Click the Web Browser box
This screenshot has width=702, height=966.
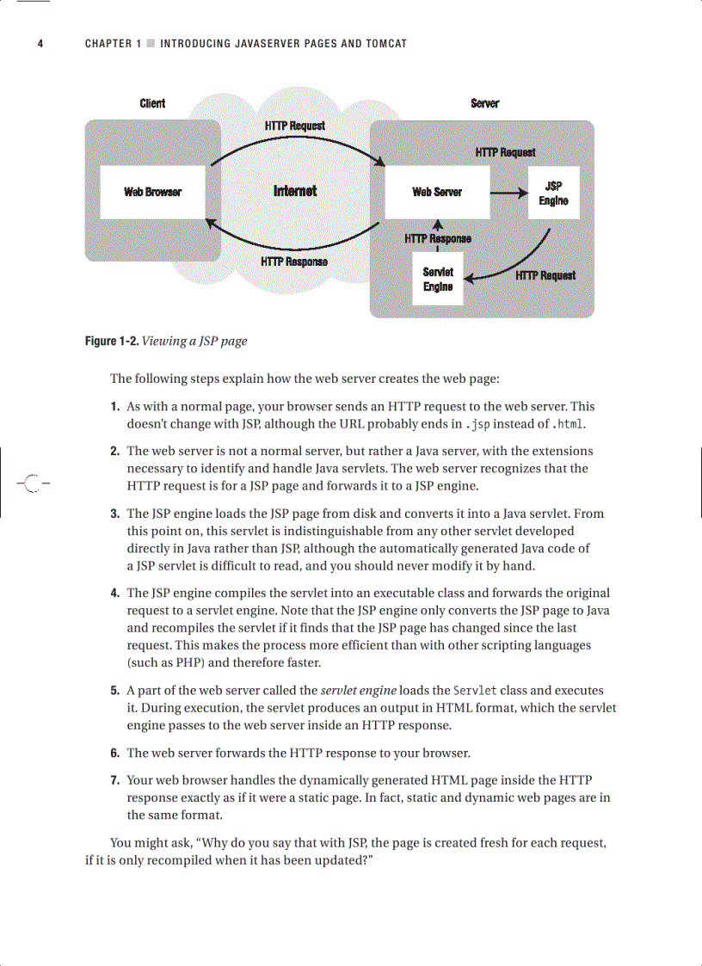tap(152, 192)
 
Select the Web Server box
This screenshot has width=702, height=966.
tap(437, 192)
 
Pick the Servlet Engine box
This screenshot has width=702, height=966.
tap(438, 279)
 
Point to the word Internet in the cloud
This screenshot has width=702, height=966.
tap(295, 191)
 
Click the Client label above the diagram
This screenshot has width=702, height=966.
tap(152, 103)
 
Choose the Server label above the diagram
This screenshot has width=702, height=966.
tap(484, 103)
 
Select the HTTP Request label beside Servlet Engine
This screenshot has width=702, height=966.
tap(545, 275)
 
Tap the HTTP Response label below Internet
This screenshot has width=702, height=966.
tap(293, 261)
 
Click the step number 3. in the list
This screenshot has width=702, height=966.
tap(114, 514)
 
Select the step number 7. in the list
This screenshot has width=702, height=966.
tap(114, 780)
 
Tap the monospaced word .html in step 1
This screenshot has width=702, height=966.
tap(570, 423)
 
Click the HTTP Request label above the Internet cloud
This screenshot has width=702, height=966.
tap(295, 126)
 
